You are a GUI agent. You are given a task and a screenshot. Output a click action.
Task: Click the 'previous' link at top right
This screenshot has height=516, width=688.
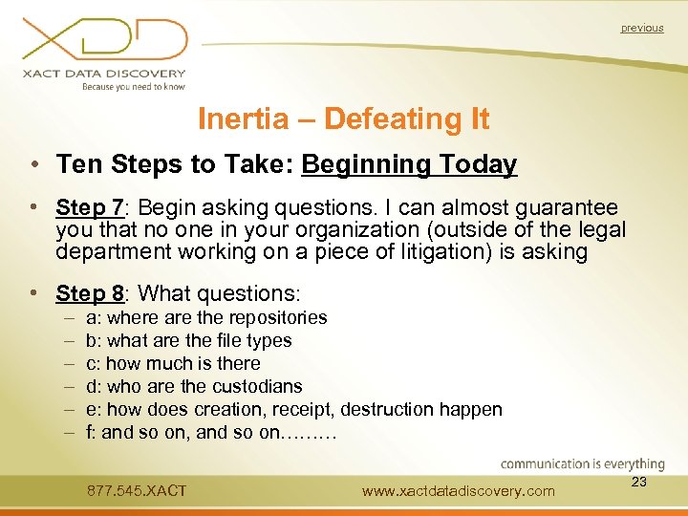pos(641,28)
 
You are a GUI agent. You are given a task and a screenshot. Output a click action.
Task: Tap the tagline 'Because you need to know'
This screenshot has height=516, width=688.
pos(133,87)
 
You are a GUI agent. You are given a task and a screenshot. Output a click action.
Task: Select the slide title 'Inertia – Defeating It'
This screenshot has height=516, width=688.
pos(343,119)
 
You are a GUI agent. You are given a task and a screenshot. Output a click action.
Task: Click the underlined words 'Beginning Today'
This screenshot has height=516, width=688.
pos(409,164)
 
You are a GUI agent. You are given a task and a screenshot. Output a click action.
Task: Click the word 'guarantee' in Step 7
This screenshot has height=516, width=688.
pos(563,207)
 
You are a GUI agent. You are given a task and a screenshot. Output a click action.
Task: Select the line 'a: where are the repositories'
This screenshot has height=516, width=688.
pos(206,317)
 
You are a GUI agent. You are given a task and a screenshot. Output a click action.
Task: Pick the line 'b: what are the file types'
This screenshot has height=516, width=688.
pos(189,340)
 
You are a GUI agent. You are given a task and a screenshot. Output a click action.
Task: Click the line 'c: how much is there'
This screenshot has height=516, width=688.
pos(173,363)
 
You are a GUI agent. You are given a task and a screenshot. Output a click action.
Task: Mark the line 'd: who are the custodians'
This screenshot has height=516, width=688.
pos(194,386)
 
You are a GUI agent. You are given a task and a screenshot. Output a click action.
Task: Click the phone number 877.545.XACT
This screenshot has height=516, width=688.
pos(137,491)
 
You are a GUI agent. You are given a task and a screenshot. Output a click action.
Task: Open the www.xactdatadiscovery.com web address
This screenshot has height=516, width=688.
pos(459,491)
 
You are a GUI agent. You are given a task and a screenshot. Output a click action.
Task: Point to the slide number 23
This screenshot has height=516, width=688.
pos(639,483)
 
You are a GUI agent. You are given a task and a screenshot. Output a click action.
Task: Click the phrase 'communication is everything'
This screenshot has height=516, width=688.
pos(582,464)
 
